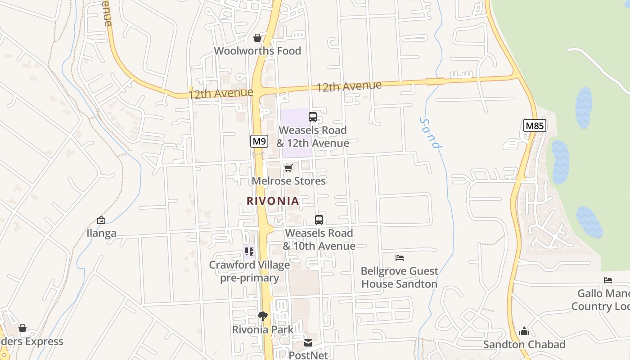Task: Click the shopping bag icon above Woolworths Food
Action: [x=257, y=38]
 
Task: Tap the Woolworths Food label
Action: [x=257, y=51]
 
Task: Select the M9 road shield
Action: [x=259, y=141]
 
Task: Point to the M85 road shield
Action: [x=535, y=126]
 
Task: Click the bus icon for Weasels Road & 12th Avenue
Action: [x=312, y=117]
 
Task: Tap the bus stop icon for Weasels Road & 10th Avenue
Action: [x=319, y=220]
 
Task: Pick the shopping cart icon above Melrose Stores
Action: [x=288, y=168]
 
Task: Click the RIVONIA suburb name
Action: [x=273, y=201]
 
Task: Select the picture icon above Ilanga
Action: [x=101, y=220]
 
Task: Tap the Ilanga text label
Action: [x=101, y=233]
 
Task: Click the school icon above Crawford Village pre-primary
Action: [x=249, y=251]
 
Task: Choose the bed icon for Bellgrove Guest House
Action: [x=399, y=258]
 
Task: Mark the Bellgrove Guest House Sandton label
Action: [x=399, y=277]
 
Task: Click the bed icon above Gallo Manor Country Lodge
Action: [x=608, y=280]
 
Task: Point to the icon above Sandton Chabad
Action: [x=524, y=332]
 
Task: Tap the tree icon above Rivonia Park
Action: [x=263, y=316]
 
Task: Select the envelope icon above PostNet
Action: [x=308, y=343]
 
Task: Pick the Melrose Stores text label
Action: [x=288, y=181]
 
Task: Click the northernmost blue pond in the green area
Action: [x=584, y=108]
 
